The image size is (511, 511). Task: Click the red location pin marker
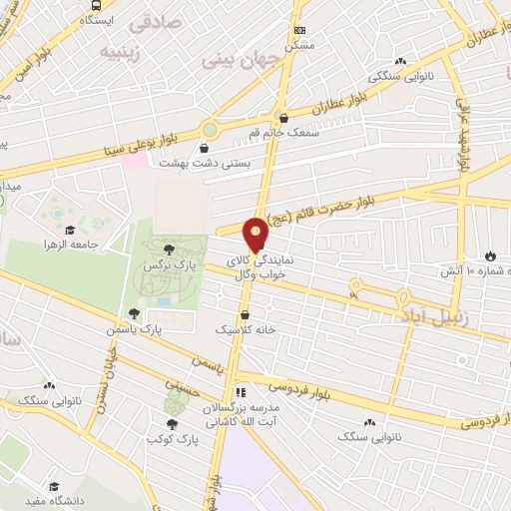click(x=256, y=234)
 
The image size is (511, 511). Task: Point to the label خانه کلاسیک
click(x=245, y=327)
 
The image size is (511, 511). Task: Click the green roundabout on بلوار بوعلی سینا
click(x=210, y=129)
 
